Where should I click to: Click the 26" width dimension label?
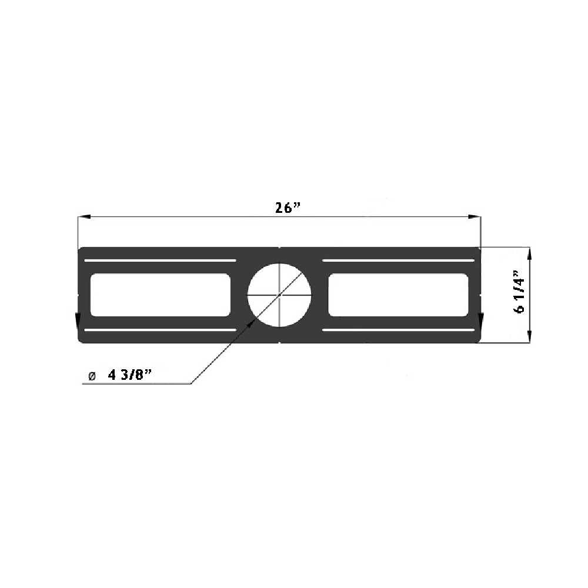(x=288, y=208)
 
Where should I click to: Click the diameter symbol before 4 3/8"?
(x=91, y=376)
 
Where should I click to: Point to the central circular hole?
(x=279, y=294)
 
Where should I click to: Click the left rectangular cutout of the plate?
(x=160, y=295)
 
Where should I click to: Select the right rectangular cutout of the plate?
(x=398, y=295)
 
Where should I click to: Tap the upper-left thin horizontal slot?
(x=160, y=260)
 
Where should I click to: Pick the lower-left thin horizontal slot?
(x=160, y=330)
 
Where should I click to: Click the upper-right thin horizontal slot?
(x=398, y=260)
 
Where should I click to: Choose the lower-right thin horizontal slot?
(x=398, y=330)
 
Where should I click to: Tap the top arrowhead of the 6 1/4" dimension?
(x=530, y=253)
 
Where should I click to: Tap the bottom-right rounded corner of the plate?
(x=478, y=339)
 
